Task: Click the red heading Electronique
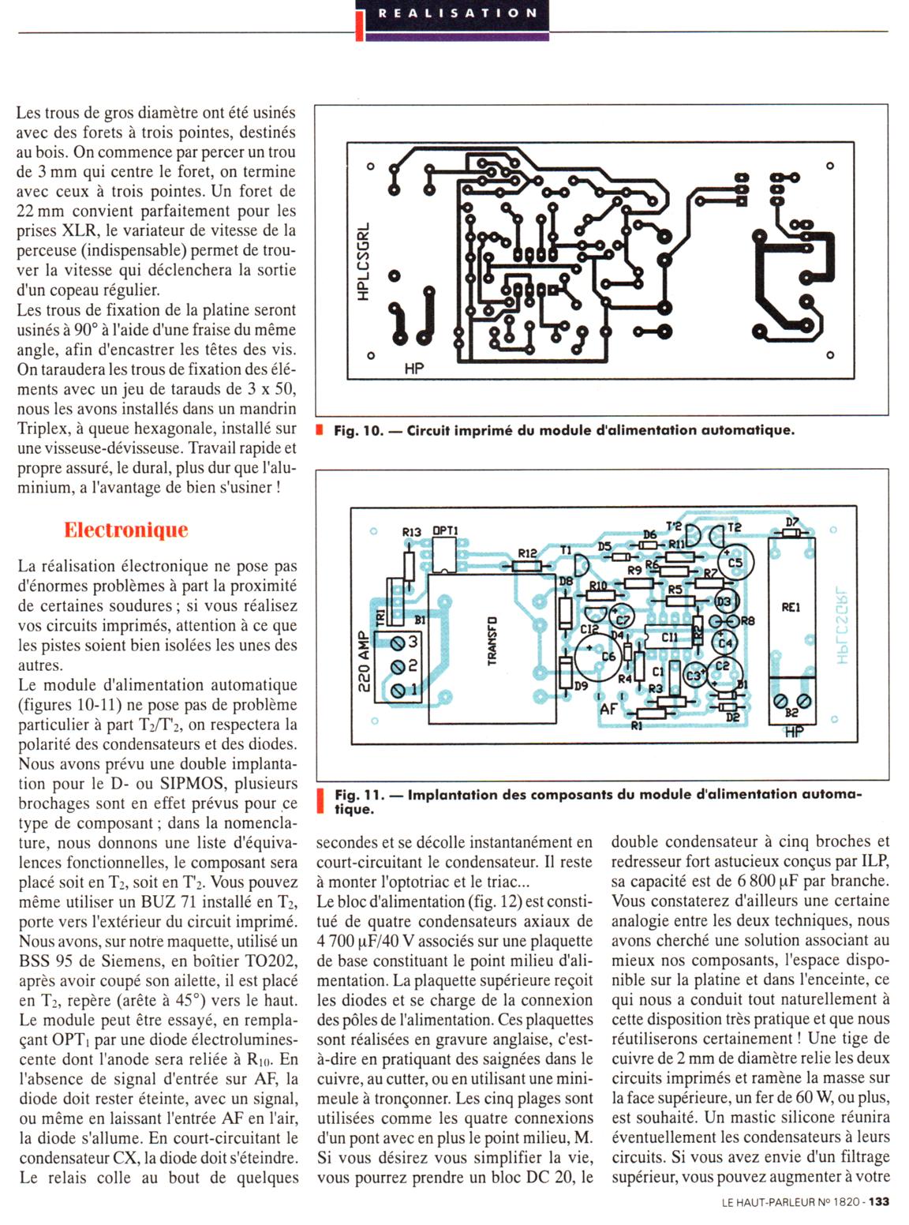pyautogui.click(x=126, y=530)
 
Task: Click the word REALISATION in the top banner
pyautogui.click(x=458, y=13)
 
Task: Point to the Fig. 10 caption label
pyautogui.click(x=357, y=431)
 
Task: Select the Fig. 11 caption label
pyautogui.click(x=357, y=795)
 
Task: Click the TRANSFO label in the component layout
pyautogui.click(x=492, y=641)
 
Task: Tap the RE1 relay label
pyautogui.click(x=791, y=607)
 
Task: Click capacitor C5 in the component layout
pyautogui.click(x=735, y=563)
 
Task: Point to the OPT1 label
pyautogui.click(x=445, y=532)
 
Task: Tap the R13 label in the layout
pyautogui.click(x=412, y=532)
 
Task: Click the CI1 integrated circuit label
pyautogui.click(x=669, y=637)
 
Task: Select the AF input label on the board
pyautogui.click(x=608, y=709)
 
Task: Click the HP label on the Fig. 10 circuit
pyautogui.click(x=413, y=368)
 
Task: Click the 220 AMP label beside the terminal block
pyautogui.click(x=364, y=661)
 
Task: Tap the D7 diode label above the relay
pyautogui.click(x=792, y=522)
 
